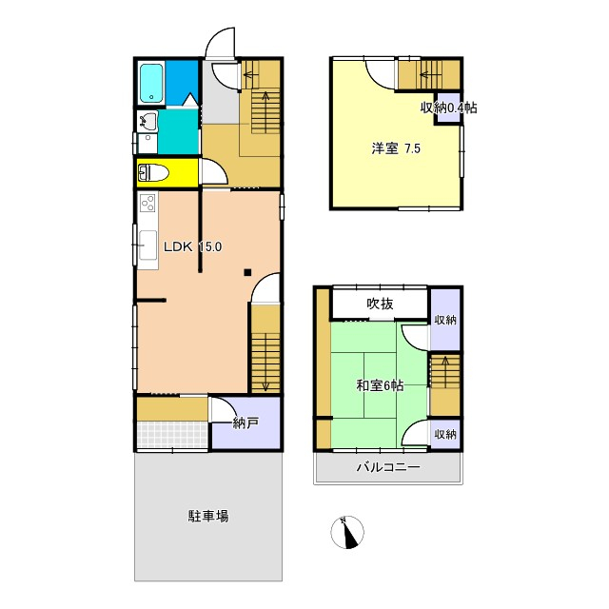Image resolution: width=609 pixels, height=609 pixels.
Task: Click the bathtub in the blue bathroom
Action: coord(151,83)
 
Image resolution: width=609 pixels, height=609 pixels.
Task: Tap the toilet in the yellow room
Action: coord(154,173)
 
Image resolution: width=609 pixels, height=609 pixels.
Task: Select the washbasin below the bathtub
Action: coord(147,121)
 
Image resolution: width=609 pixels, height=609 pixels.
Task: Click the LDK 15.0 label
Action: coord(192,246)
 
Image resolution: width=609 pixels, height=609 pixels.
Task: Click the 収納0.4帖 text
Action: coord(448,108)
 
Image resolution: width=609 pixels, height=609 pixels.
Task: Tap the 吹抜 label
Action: coord(381,304)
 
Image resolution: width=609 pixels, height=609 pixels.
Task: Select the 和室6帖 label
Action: coord(380,385)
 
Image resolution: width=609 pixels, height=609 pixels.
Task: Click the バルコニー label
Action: coord(388,467)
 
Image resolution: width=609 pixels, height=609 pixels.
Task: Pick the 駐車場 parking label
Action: coord(207,517)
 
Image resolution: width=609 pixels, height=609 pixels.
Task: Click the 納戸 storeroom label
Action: coord(246,422)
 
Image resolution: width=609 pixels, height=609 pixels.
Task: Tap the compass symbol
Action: coord(348,532)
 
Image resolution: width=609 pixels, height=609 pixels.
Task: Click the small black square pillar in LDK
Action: coord(247,273)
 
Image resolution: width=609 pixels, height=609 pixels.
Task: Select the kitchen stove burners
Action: coord(147,202)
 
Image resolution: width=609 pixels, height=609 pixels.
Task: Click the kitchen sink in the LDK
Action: coord(147,246)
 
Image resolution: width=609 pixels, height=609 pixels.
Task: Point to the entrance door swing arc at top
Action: coord(220,42)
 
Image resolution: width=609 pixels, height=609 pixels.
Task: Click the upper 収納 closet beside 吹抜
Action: coord(444,320)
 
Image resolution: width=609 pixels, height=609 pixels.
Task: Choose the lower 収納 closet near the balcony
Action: coord(444,433)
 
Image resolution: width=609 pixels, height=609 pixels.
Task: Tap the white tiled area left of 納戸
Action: coord(171,435)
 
